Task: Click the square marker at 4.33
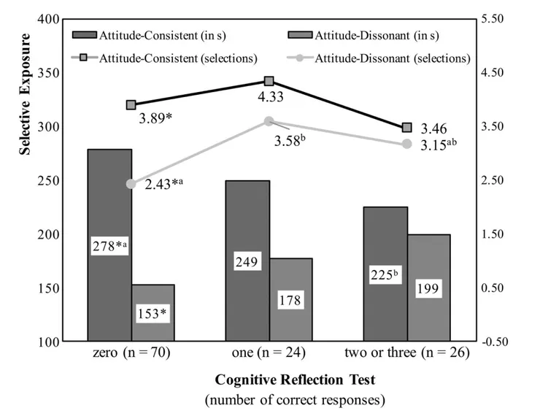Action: pos(269,82)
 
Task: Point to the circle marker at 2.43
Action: pos(131,184)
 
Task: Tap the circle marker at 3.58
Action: pos(269,121)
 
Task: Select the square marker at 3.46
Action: pos(407,128)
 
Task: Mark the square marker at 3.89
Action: pos(131,105)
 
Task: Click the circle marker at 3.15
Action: pos(407,144)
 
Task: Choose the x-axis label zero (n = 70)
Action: pos(132,354)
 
